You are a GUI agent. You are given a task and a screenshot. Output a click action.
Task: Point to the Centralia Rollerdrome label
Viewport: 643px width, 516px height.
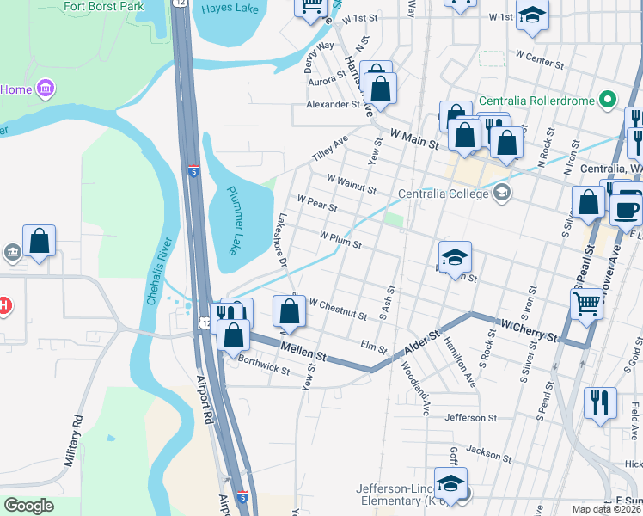pos(536,101)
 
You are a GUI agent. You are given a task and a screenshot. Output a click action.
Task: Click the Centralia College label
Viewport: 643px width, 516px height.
pos(444,193)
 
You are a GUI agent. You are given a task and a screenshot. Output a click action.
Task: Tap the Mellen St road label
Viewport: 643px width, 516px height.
pos(304,350)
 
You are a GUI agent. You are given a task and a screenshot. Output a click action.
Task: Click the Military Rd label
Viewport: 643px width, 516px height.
pos(72,440)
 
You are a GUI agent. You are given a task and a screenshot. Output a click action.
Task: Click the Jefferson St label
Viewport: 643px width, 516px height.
pos(471,418)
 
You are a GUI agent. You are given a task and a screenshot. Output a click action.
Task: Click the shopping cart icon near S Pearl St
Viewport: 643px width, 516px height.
pos(586,303)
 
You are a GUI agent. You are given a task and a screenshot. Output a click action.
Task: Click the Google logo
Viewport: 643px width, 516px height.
pos(28,505)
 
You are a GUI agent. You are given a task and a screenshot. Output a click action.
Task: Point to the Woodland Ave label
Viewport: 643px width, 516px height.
pos(415,387)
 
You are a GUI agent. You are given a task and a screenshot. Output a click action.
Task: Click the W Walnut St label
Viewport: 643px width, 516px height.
pos(352,183)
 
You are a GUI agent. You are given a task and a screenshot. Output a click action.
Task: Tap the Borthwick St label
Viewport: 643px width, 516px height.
pos(264,366)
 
